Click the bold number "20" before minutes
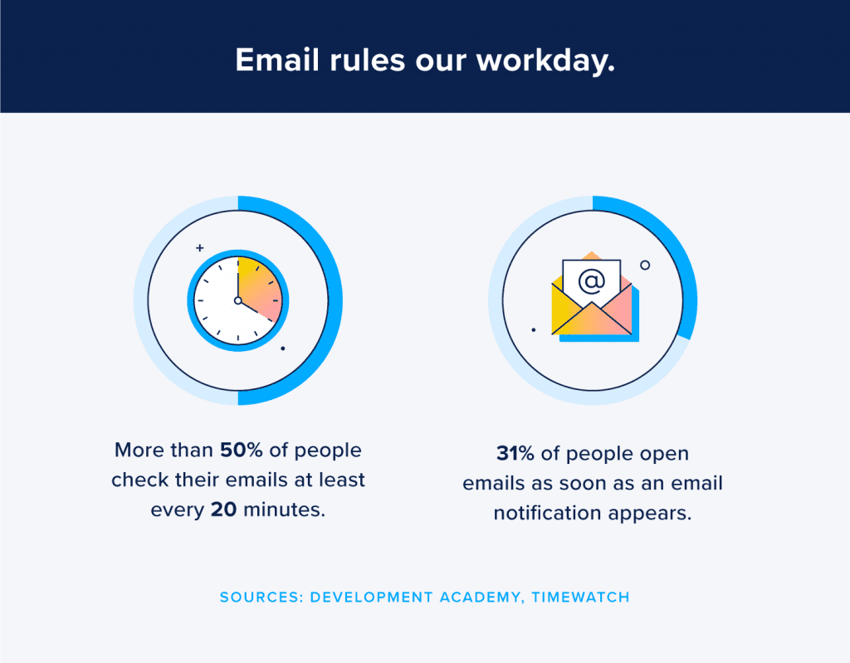[224, 509]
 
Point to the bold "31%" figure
[515, 454]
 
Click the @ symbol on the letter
[591, 281]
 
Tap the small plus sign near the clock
[199, 247]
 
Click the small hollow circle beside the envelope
[645, 265]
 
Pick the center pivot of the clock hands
[237, 300]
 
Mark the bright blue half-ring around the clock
[332, 300]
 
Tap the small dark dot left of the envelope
[533, 329]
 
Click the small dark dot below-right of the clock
[283, 349]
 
